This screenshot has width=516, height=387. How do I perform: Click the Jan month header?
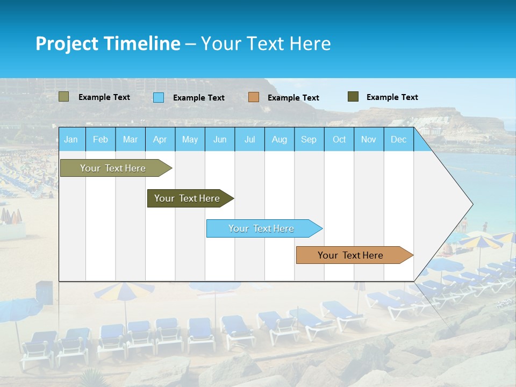71,139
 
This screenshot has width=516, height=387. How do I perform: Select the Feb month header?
101,139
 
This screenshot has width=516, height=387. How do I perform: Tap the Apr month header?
160,139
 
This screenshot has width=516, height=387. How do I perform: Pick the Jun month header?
220,139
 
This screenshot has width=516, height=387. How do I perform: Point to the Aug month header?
279,139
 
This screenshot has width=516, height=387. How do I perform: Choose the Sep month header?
309,139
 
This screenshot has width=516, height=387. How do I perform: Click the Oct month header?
339,139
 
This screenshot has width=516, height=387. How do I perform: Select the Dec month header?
398,139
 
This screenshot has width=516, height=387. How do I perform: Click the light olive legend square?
64,97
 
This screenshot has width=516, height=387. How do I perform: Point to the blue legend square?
159,97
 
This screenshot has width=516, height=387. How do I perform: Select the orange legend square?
254,97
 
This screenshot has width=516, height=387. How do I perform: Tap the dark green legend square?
353,97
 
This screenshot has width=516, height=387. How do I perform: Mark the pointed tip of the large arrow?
472,204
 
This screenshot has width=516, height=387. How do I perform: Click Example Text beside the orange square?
293,98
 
